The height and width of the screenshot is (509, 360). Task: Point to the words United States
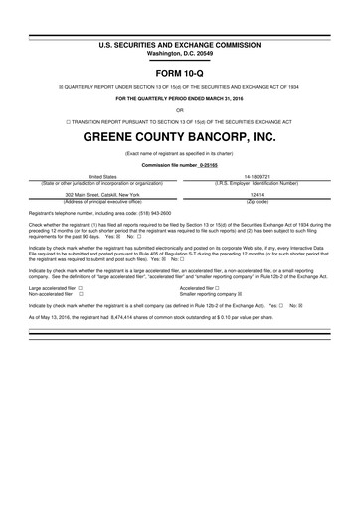(102, 175)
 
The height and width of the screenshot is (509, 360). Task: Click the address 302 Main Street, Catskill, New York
(102, 194)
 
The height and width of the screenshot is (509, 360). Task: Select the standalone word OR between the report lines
(179, 110)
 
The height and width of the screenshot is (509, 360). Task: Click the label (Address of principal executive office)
(102, 200)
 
